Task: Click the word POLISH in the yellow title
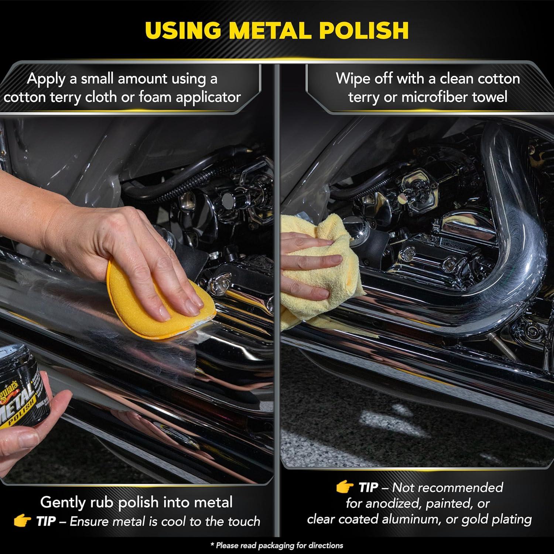pos(364,30)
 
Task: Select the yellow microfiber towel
pos(318,273)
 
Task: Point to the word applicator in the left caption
pos(208,97)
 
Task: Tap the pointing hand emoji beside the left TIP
pos(22,521)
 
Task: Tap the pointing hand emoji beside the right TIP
pos(345,487)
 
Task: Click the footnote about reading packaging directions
pos(277,546)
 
